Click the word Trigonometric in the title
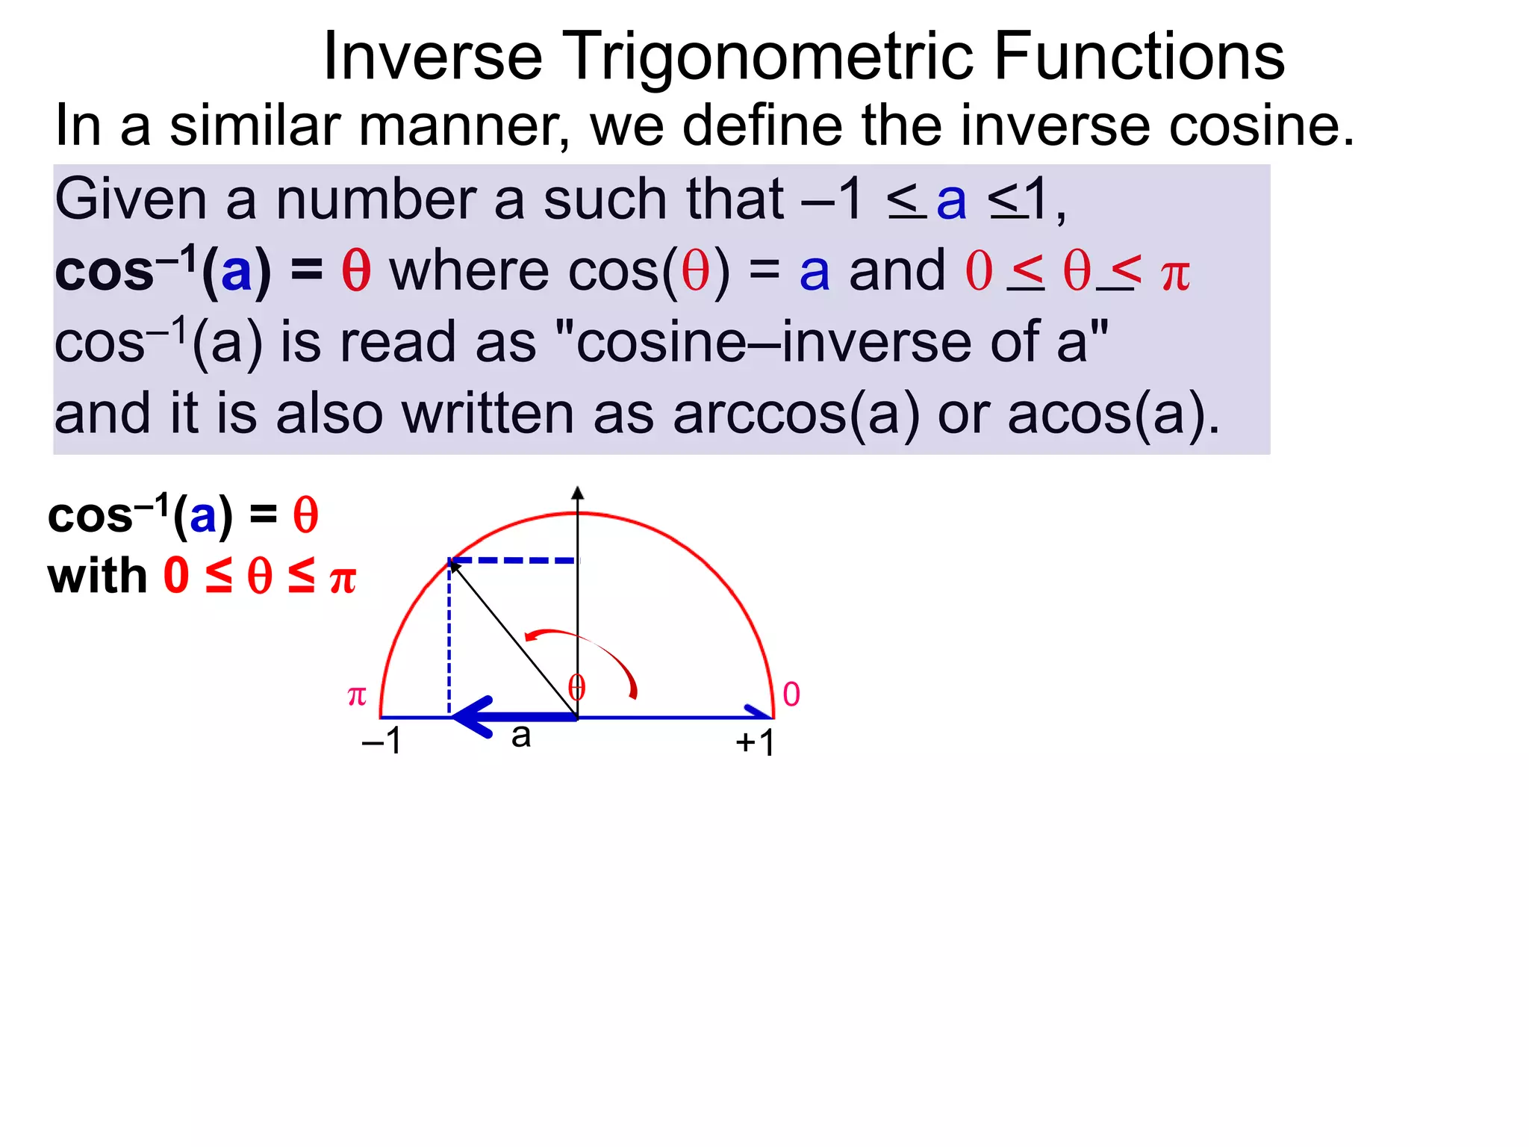click(767, 57)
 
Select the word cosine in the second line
click(1261, 125)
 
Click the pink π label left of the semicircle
click(357, 695)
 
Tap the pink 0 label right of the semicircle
click(791, 694)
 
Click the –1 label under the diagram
click(382, 741)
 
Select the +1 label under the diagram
click(755, 742)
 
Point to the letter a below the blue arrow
click(521, 736)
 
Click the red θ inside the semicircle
click(576, 687)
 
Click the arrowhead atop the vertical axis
click(577, 493)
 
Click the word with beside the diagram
click(97, 576)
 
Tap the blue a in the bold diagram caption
click(203, 517)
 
